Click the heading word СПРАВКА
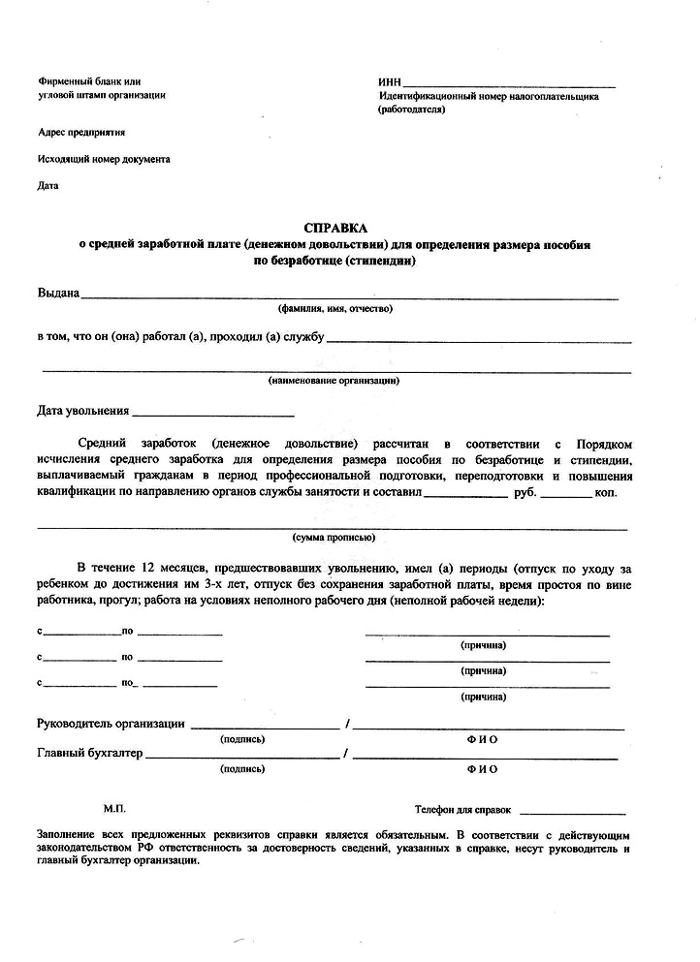[x=334, y=227]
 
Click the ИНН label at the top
[x=389, y=82]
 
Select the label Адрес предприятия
[x=81, y=132]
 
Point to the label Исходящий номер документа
[x=104, y=158]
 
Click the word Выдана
[x=58, y=293]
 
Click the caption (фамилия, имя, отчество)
[x=335, y=309]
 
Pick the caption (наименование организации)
[x=334, y=380]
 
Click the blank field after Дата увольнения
[x=213, y=413]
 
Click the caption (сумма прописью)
[x=334, y=536]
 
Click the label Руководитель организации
[x=111, y=723]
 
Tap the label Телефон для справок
[x=462, y=808]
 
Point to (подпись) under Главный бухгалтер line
[x=242, y=769]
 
